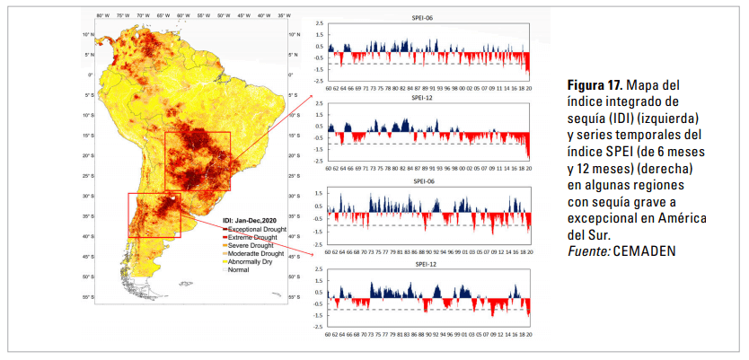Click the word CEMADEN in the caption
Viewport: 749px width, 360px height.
643,251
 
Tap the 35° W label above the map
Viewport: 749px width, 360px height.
283,15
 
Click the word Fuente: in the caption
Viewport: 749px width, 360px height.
587,251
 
